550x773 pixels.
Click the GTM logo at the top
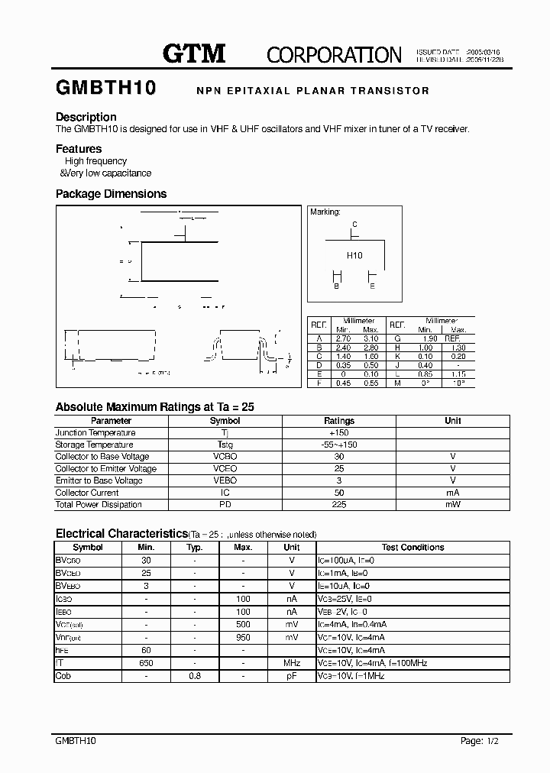click(194, 53)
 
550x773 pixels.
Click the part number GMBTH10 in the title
click(105, 89)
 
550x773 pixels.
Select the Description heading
click(86, 117)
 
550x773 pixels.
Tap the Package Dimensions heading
click(111, 194)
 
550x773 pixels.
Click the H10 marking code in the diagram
click(354, 256)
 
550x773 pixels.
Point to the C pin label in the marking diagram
click(354, 225)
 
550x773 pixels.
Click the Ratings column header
click(339, 421)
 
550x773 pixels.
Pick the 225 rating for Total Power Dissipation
click(339, 504)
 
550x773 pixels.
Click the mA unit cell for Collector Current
click(453, 493)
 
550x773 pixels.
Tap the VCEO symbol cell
click(225, 468)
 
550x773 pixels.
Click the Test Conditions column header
click(412, 548)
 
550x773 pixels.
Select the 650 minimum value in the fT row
click(146, 664)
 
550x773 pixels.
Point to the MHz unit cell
click(292, 664)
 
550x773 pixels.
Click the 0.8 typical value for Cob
click(195, 676)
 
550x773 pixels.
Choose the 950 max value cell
click(243, 636)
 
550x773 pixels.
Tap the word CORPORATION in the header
click(334, 54)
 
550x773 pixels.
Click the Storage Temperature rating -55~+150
click(339, 445)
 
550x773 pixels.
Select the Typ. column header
click(195, 548)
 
